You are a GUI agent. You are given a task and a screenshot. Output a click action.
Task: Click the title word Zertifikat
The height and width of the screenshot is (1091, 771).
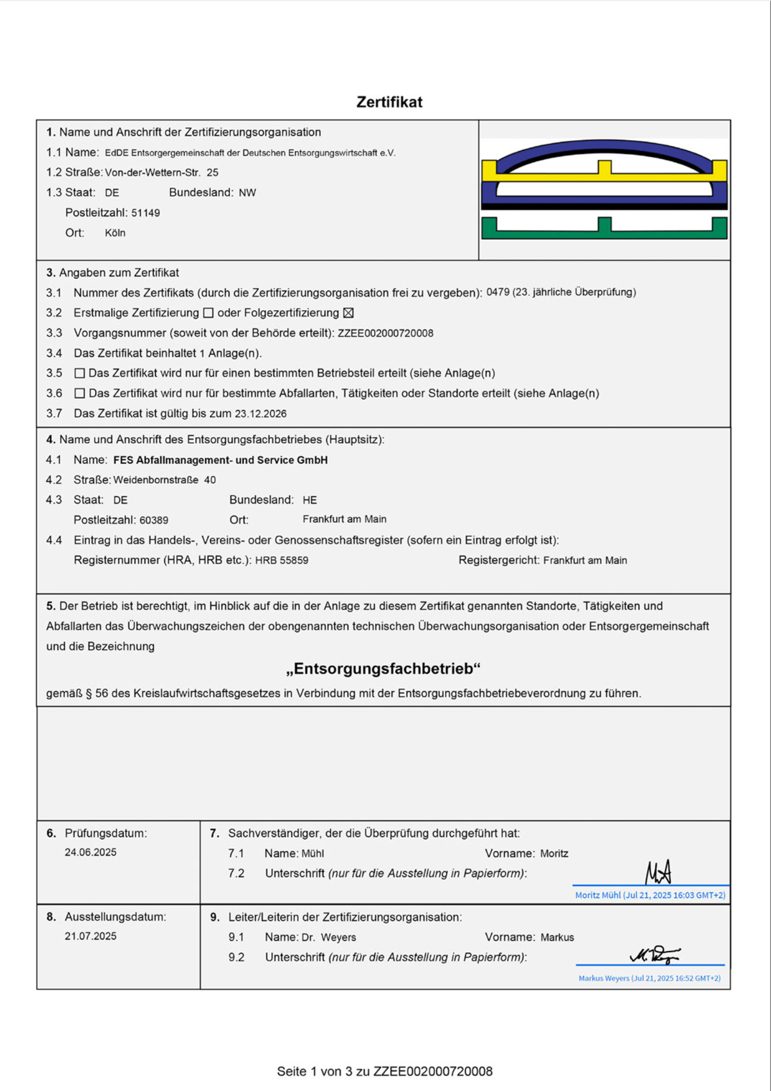(x=389, y=102)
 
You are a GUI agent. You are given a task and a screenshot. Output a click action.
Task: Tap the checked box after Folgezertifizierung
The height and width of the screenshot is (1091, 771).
(x=348, y=313)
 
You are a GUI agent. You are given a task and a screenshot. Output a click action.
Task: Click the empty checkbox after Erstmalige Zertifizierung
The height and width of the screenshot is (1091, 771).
(x=208, y=313)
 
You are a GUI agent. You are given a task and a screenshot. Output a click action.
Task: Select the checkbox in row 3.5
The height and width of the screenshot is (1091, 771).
(x=80, y=373)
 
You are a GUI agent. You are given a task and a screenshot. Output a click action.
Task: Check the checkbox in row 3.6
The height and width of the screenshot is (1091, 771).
(x=80, y=393)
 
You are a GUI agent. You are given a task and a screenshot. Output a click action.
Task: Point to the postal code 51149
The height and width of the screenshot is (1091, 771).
(x=146, y=213)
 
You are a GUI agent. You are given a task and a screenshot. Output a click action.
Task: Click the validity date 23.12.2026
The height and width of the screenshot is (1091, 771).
(x=260, y=414)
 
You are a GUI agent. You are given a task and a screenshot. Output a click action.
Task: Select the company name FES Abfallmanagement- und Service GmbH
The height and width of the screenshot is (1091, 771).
(x=220, y=460)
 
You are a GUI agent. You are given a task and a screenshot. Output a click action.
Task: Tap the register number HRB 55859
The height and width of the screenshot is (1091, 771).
(x=281, y=560)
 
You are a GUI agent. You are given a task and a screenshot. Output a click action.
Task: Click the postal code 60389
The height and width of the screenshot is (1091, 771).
(x=154, y=520)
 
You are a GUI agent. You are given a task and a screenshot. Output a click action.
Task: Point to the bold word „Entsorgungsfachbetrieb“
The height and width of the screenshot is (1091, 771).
(x=384, y=669)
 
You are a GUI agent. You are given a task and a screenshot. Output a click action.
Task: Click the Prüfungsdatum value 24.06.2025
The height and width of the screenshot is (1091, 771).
(x=91, y=853)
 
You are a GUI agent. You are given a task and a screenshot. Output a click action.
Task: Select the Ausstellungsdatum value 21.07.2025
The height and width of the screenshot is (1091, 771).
(x=91, y=936)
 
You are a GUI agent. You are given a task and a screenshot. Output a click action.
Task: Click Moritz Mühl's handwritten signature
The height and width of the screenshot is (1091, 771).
(x=658, y=873)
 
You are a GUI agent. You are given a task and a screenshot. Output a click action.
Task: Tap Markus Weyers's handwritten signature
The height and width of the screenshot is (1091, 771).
(x=654, y=955)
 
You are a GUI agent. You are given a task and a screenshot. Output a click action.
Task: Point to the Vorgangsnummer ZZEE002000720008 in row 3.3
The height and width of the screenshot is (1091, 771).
(x=385, y=333)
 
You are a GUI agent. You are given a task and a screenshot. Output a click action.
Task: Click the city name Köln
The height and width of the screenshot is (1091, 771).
(x=115, y=233)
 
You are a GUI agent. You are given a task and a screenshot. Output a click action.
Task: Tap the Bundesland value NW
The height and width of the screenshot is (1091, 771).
(x=247, y=193)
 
